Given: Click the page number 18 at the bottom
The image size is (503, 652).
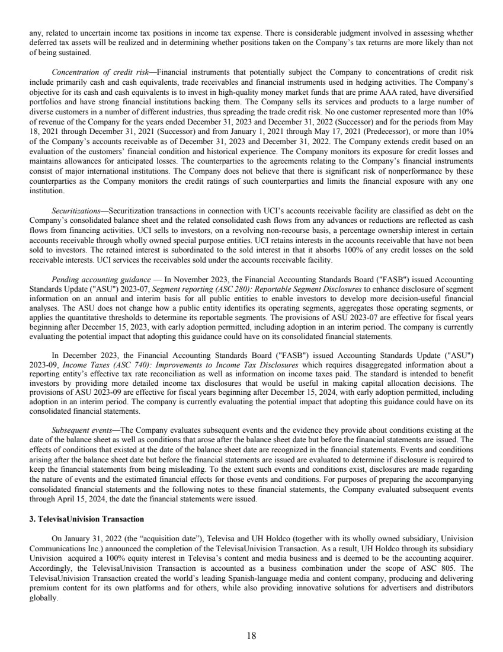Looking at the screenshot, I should pos(251,635).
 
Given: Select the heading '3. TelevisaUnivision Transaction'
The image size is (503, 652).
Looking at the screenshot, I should pos(86,519).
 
